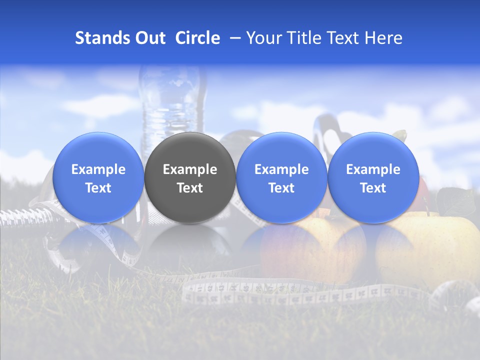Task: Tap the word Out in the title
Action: pyautogui.click(x=150, y=38)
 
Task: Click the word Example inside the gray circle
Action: pyautogui.click(x=190, y=169)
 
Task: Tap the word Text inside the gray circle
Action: pyautogui.click(x=190, y=188)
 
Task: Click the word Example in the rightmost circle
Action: pyautogui.click(x=373, y=169)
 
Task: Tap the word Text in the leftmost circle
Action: pyautogui.click(x=98, y=188)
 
